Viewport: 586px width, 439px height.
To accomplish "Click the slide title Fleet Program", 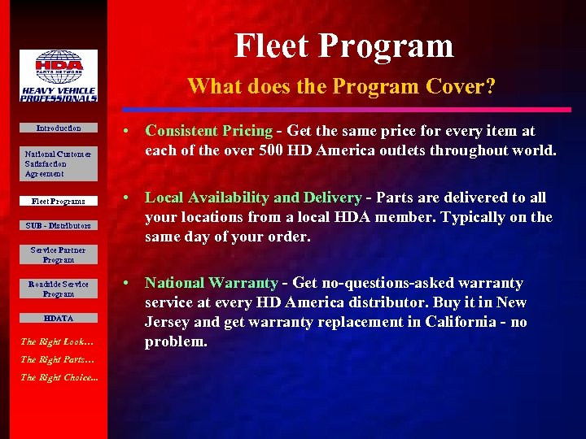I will (x=344, y=46).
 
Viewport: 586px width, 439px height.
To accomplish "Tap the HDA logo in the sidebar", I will (x=59, y=76).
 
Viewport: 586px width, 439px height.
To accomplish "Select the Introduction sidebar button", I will (x=59, y=128).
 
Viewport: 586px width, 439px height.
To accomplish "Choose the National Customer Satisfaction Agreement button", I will (x=59, y=163).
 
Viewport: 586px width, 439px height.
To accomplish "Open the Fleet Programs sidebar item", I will (x=59, y=201).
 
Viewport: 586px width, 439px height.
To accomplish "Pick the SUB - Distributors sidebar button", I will (x=59, y=225).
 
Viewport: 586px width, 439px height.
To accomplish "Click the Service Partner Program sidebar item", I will (x=59, y=255).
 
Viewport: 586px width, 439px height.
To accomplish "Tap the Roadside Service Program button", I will (x=59, y=289).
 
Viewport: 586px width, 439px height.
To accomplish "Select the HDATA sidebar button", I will (x=59, y=319).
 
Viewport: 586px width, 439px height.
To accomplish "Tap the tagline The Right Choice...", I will (x=59, y=377).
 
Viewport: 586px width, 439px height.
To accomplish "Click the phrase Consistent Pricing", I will (x=208, y=131).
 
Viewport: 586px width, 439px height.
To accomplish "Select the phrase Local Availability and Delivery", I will (x=253, y=198).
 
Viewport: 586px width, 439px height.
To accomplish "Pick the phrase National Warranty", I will (x=212, y=283).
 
